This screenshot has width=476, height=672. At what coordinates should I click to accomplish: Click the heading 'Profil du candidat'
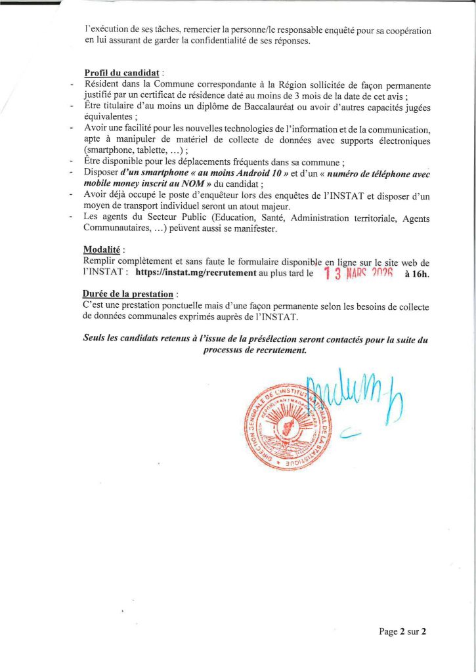tap(121, 72)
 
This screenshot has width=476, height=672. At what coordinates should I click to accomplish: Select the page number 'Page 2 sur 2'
tap(402, 632)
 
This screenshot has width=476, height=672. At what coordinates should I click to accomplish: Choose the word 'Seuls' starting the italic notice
tap(95, 339)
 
